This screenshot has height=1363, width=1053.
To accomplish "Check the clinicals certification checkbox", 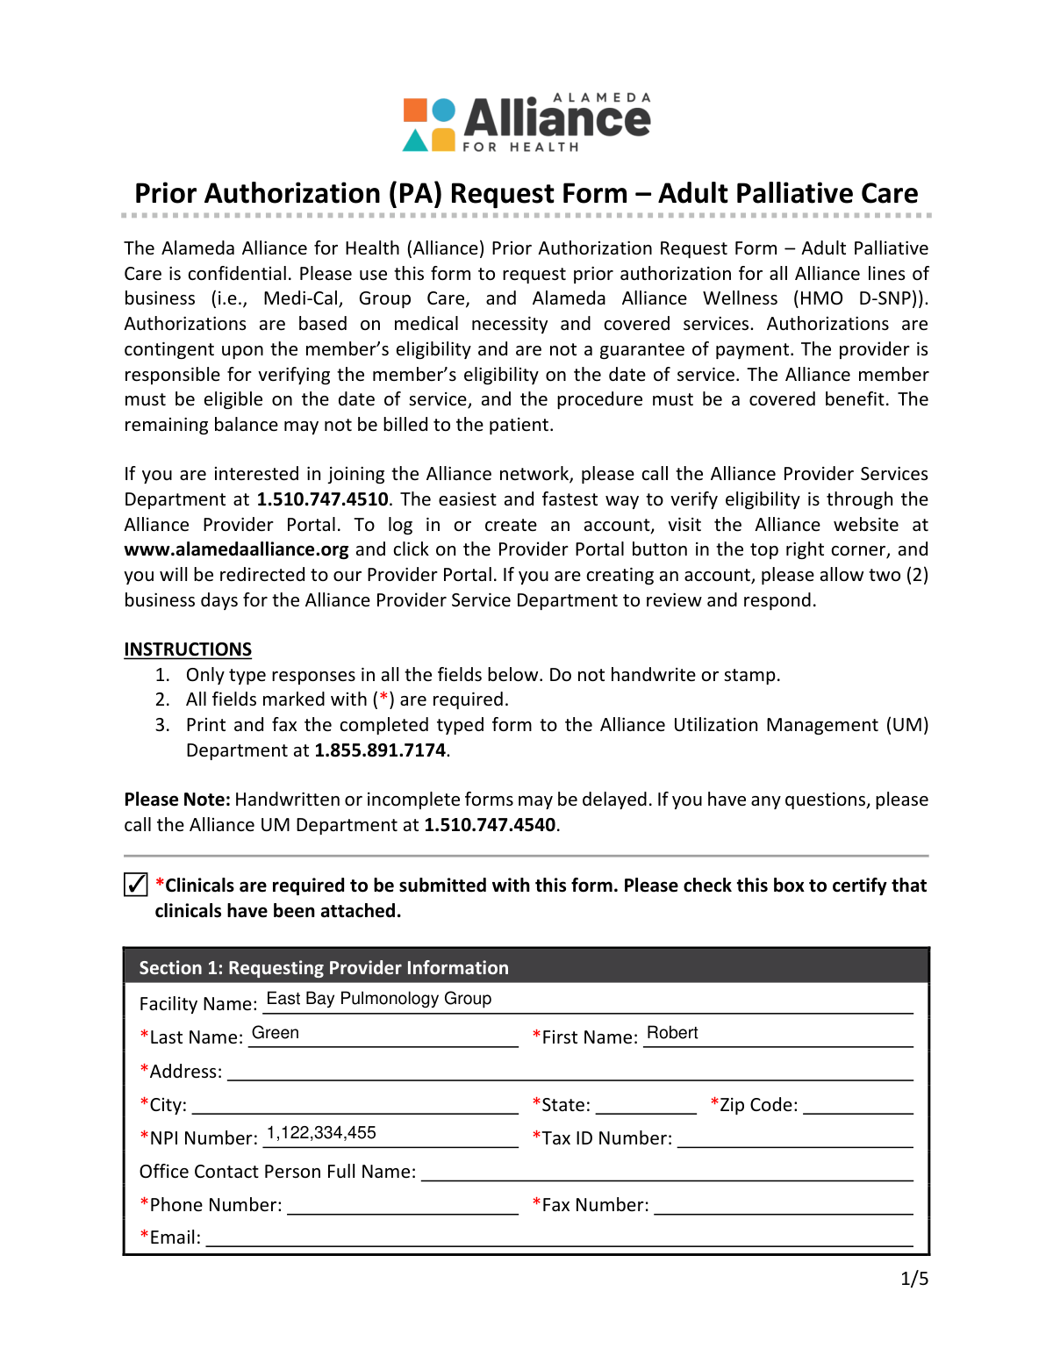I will tap(136, 884).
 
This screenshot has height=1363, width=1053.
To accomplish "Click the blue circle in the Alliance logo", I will tap(445, 111).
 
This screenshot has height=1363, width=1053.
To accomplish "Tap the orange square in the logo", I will tap(415, 111).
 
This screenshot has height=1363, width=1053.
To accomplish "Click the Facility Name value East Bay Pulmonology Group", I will tap(378, 999).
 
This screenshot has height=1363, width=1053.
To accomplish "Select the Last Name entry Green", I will tap(276, 1033).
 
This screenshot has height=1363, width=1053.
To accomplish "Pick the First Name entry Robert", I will tap(672, 1033).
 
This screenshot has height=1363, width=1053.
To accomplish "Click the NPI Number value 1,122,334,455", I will tap(321, 1133).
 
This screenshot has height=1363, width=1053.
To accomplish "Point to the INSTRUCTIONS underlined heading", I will tap(188, 649).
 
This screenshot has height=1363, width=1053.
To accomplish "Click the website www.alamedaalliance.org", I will tap(236, 549).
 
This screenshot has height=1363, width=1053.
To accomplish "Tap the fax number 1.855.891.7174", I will tap(380, 750).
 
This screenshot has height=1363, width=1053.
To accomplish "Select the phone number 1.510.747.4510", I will tap(322, 499).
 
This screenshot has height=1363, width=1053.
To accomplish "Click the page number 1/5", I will tap(913, 1279).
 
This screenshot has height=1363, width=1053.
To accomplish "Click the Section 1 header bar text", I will tap(324, 967).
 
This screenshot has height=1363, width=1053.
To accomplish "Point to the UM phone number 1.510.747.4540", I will tap(490, 825).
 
